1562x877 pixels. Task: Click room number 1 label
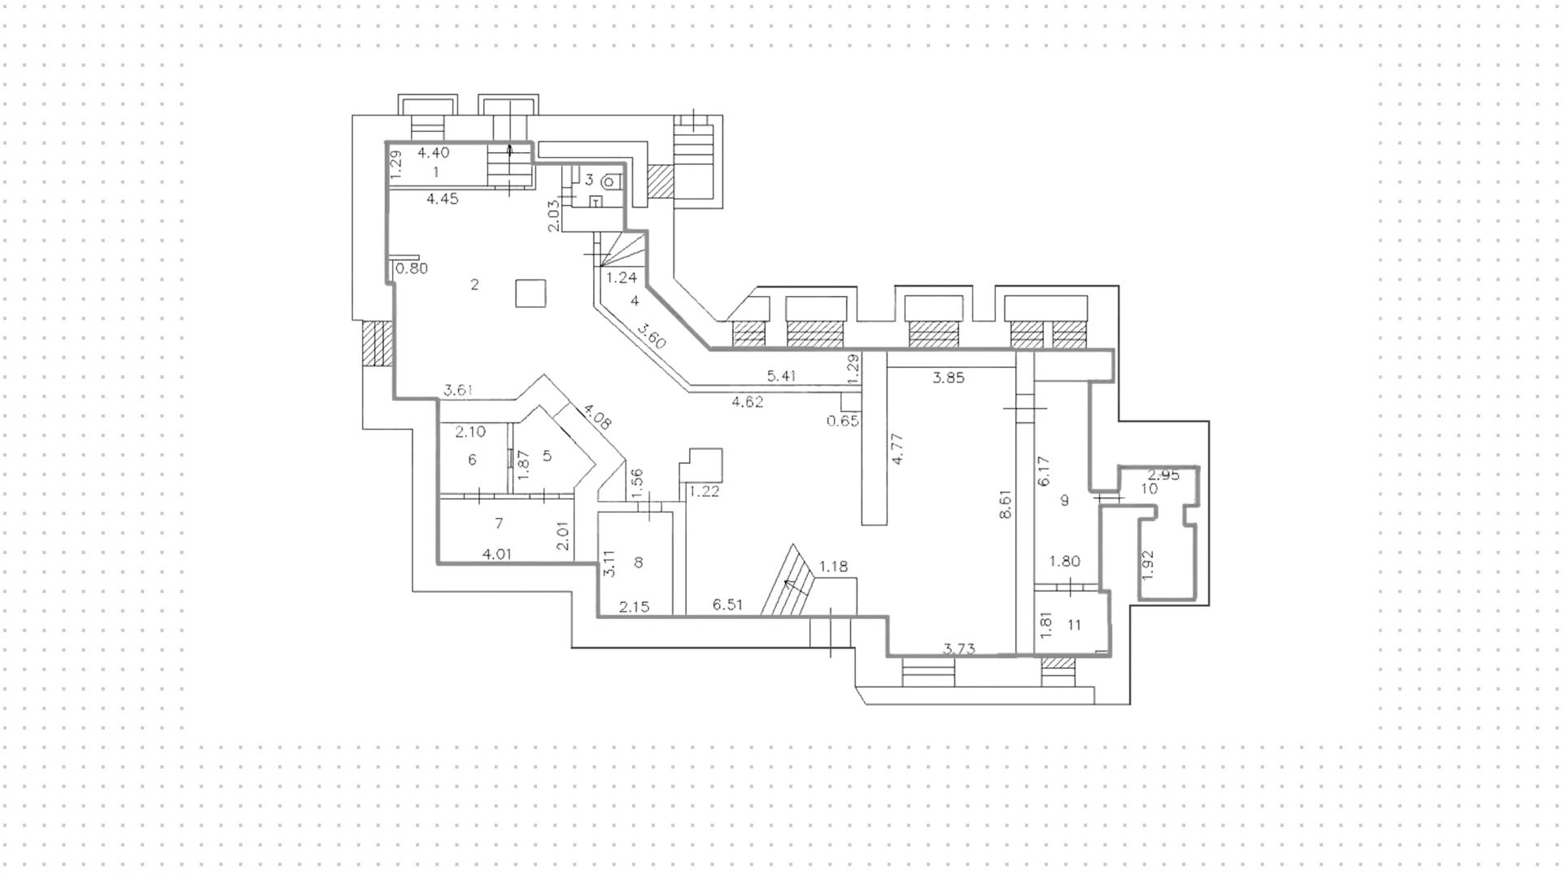[435, 172]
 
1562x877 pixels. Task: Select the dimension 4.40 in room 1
[433, 152]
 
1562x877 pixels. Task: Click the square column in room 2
[530, 293]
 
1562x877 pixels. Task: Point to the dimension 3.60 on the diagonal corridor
[652, 337]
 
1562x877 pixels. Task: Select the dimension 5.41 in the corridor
[781, 376]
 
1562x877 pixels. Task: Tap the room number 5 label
[547, 456]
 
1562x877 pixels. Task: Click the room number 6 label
[472, 460]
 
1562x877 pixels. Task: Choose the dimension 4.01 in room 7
[497, 554]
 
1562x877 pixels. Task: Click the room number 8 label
[639, 562]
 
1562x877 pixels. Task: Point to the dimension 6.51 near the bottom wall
[728, 604]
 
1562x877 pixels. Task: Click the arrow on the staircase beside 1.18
[788, 582]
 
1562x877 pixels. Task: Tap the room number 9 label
[1064, 500]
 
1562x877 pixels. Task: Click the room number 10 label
[1149, 489]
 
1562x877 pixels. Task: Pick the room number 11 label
[1074, 625]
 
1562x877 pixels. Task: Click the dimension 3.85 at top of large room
[948, 377]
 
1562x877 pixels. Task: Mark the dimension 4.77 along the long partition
[898, 449]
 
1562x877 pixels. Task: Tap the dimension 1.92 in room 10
[1148, 565]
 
